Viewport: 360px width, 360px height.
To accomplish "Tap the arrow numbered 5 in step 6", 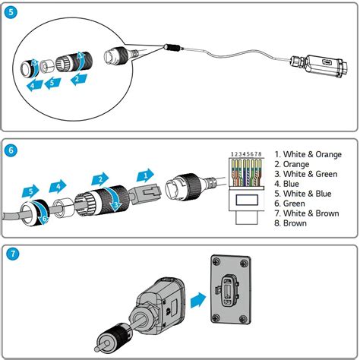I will [x=30, y=191].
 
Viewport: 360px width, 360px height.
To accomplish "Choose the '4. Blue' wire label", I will [x=289, y=184].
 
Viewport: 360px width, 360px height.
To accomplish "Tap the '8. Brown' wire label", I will [x=292, y=224].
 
